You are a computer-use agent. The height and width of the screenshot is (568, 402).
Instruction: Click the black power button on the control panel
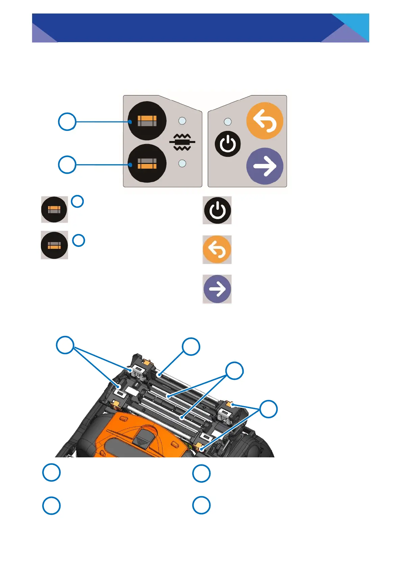pyautogui.click(x=228, y=144)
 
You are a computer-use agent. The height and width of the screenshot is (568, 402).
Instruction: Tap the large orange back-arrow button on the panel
pyautogui.click(x=265, y=121)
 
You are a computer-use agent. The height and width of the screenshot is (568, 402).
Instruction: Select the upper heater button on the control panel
pyautogui.click(x=147, y=121)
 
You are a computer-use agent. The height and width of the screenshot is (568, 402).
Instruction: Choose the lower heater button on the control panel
pyautogui.click(x=147, y=163)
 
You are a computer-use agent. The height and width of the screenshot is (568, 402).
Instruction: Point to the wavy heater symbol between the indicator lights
pyautogui.click(x=182, y=142)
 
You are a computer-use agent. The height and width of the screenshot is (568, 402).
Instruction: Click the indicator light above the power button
pyautogui.click(x=228, y=121)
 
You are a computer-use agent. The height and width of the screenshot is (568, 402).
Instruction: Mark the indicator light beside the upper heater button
pyautogui.click(x=182, y=120)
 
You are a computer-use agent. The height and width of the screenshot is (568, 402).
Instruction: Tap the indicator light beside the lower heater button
pyautogui.click(x=182, y=163)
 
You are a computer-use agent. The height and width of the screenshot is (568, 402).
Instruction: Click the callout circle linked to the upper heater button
pyautogui.click(x=67, y=122)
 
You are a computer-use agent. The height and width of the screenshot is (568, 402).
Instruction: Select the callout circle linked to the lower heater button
pyautogui.click(x=67, y=165)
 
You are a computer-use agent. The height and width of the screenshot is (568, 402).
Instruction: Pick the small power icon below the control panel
pyautogui.click(x=217, y=210)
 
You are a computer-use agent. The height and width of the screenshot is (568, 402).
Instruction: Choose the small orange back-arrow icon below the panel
pyautogui.click(x=217, y=250)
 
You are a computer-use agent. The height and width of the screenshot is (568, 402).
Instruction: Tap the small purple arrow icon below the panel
pyautogui.click(x=217, y=289)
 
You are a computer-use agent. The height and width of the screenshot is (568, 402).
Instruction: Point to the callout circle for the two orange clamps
pyautogui.click(x=269, y=409)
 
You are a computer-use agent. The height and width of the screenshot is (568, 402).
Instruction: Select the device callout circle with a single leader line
pyautogui.click(x=191, y=346)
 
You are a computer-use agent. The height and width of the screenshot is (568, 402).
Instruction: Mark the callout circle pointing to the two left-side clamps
pyautogui.click(x=65, y=345)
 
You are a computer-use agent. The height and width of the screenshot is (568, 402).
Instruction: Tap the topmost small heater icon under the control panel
pyautogui.click(x=54, y=209)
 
